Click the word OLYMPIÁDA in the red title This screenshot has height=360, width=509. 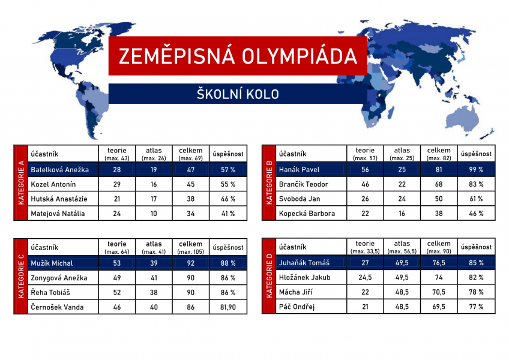299,56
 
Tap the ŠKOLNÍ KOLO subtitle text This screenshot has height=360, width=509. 238,94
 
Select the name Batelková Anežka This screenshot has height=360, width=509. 60,169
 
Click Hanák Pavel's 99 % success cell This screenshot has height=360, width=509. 476,169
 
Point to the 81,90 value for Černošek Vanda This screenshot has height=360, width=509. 228,307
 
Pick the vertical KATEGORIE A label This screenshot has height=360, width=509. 21,182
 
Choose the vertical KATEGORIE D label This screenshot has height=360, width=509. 269,275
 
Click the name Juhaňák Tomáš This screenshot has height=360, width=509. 304,263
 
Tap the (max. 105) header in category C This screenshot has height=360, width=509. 190,251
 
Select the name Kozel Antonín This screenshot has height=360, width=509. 53,184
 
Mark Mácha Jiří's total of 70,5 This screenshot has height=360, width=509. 439,292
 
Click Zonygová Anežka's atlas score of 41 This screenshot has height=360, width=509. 154,278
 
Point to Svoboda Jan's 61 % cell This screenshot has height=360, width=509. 476,199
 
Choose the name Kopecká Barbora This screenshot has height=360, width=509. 307,213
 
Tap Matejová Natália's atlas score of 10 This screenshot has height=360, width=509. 154,214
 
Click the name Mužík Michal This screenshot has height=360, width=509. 52,263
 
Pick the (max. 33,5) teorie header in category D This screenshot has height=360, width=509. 365,251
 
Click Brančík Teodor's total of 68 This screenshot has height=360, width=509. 439,184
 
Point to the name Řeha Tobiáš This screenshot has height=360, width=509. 50,292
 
